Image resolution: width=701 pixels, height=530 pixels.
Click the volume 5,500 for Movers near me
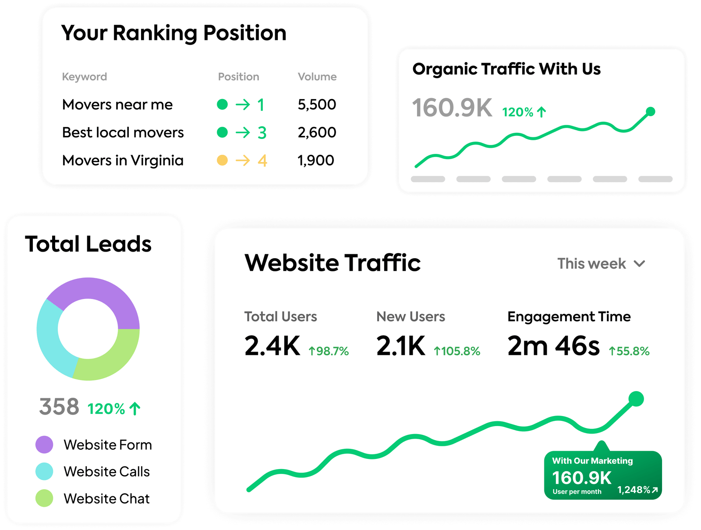316,104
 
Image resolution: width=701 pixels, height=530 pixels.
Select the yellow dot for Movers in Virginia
222,160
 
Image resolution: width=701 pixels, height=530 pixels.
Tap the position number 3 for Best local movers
262,132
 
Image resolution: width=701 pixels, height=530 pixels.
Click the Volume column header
317,77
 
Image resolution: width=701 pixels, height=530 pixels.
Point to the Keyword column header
84,77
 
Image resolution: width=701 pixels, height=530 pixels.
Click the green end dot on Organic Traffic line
651,111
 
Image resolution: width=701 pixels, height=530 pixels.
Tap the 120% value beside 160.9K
518,112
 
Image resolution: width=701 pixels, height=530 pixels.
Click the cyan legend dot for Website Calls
44,471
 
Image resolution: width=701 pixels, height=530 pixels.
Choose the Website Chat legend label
106,498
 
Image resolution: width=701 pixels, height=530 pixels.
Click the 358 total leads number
59,406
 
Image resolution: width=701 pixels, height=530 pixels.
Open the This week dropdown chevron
639,264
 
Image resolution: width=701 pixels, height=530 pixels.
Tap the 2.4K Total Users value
272,346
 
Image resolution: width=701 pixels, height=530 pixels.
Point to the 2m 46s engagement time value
553,346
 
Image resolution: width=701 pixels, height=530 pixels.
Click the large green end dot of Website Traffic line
636,398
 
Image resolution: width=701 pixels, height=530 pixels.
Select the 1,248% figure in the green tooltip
634,490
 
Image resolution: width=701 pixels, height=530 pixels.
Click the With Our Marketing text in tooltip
592,461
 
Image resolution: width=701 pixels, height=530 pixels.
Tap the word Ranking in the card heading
155,34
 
